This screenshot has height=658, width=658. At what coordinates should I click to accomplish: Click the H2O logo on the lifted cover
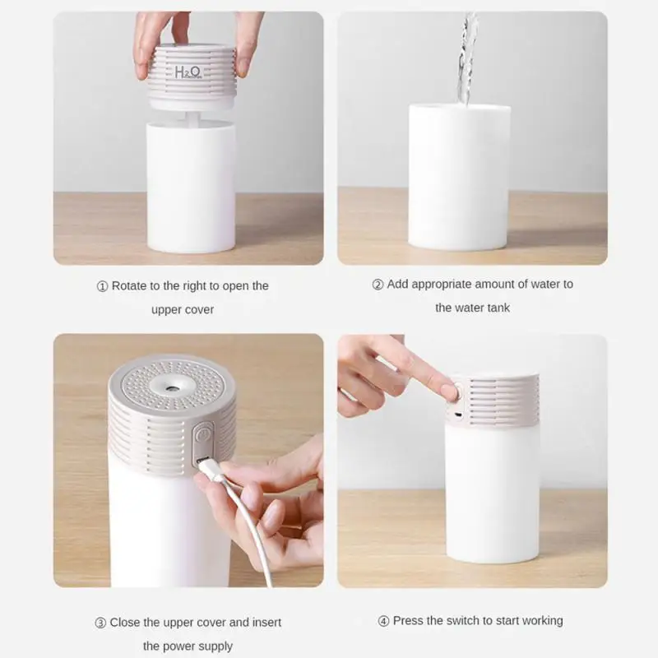pyautogui.click(x=188, y=72)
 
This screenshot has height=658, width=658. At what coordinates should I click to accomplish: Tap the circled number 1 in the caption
pyautogui.click(x=102, y=286)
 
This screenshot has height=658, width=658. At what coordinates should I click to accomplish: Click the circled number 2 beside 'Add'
pyautogui.click(x=378, y=285)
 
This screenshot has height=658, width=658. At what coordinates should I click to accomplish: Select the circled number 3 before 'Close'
pyautogui.click(x=100, y=623)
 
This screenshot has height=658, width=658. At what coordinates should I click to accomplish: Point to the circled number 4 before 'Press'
pyautogui.click(x=383, y=621)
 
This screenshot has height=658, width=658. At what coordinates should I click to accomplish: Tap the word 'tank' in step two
pyautogui.click(x=498, y=308)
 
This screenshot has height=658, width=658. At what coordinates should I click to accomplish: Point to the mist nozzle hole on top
pyautogui.click(x=171, y=389)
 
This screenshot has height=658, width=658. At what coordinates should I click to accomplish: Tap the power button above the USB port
pyautogui.click(x=202, y=434)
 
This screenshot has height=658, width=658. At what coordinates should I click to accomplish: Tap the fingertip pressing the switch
pyautogui.click(x=449, y=390)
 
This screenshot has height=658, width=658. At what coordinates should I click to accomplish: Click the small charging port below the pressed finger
pyautogui.click(x=458, y=415)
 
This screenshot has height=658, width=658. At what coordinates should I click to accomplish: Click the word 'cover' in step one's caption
pyautogui.click(x=199, y=310)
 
